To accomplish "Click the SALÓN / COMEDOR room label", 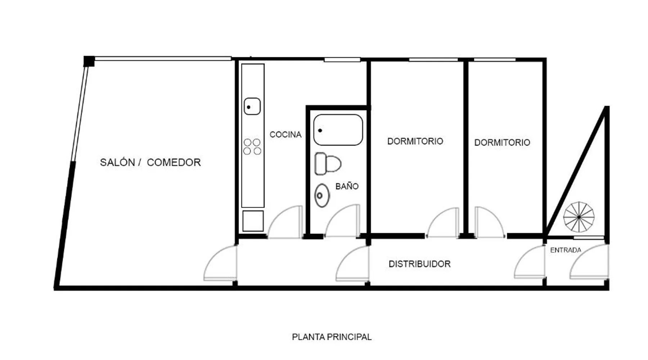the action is (150, 162).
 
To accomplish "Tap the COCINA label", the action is (285, 135).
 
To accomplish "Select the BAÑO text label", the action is (347, 186).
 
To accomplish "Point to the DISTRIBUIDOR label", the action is (419, 264).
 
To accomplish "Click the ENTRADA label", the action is (566, 250).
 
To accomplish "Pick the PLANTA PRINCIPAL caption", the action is (332, 337).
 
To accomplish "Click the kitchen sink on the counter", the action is (252, 107).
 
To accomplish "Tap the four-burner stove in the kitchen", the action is (252, 147).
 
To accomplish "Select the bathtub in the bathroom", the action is (338, 130).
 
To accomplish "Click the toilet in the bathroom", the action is (328, 164).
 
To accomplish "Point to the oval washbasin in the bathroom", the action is (322, 195).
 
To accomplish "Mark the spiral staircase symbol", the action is (579, 217).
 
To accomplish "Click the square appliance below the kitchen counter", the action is (253, 221).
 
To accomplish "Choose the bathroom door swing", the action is (342, 221).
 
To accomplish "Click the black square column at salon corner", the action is (89, 61).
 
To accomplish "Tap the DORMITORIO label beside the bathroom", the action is (415, 141).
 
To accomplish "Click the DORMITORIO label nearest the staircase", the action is (502, 143).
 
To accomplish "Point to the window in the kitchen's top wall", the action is (342, 60).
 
